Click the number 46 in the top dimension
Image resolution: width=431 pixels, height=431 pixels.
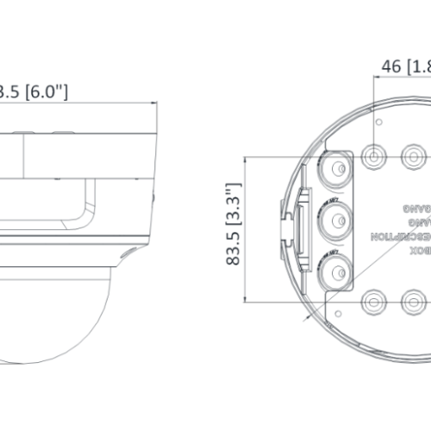click(x=392, y=66)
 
